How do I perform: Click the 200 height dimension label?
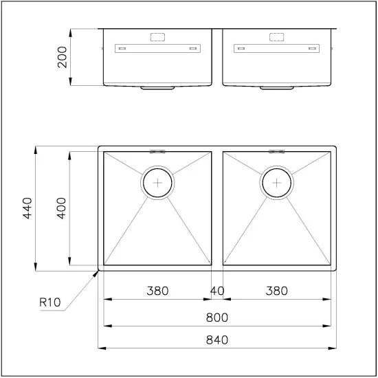coord(62,57)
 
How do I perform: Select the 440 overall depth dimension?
coord(27,208)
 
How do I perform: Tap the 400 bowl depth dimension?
coord(61,208)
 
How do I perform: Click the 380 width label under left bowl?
coord(157,291)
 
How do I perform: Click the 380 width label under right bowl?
coord(276,291)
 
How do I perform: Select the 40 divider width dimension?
coord(216,291)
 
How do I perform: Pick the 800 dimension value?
coord(216,318)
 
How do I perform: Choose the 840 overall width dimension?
coord(216,340)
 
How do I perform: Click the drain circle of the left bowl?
coord(159,182)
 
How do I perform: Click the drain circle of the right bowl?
coord(276,182)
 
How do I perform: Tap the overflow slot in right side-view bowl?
coord(276,49)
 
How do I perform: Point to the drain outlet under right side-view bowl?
coord(276,88)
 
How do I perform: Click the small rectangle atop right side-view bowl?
coord(276,36)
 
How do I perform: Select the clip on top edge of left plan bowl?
coord(157,150)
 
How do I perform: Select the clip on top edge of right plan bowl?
coord(276,150)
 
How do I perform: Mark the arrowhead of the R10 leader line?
coord(97,271)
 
